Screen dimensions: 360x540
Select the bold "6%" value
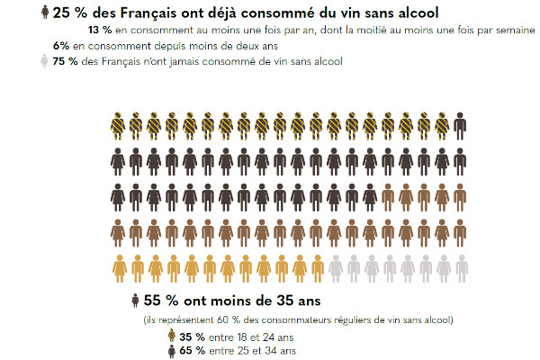62,45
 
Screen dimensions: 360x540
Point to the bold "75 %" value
67,60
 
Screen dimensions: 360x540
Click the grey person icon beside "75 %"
45,60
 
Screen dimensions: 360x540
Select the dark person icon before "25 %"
45,13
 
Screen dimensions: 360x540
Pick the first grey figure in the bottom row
336,267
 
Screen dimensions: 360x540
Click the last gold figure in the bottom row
316,267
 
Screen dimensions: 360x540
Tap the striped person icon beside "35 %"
172,337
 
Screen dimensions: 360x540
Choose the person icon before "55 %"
135,300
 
